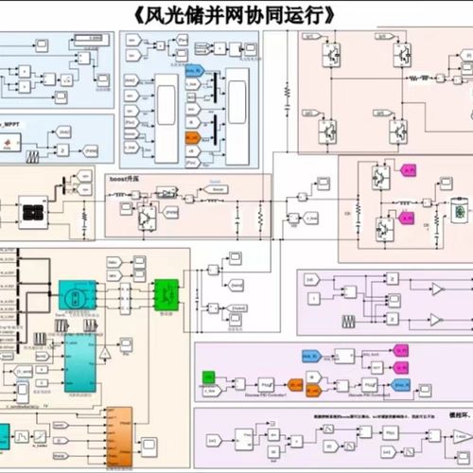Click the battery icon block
(461, 212)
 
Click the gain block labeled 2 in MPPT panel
(62, 149)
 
